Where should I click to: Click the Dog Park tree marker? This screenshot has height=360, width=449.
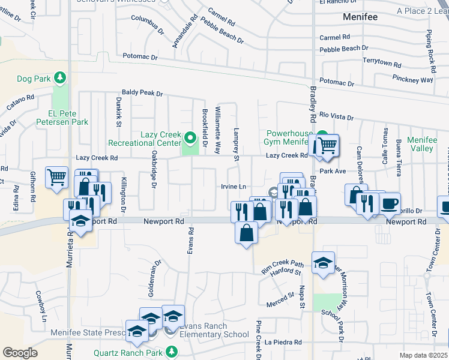pyautogui.click(x=59, y=78)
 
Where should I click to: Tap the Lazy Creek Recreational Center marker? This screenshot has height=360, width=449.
pyautogui.click(x=191, y=139)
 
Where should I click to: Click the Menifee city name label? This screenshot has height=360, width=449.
pyautogui.click(x=360, y=17)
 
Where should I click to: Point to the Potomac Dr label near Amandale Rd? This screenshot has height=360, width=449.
pyautogui.click(x=139, y=57)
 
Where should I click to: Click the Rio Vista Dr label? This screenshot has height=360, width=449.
pyautogui.click(x=336, y=116)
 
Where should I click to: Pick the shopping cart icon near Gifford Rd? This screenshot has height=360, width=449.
pyautogui.click(x=56, y=177)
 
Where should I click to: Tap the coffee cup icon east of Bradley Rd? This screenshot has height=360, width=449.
pyautogui.click(x=390, y=203)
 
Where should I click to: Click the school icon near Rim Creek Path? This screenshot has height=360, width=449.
pyautogui.click(x=323, y=262)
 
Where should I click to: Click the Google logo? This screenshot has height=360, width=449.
pyautogui.click(x=20, y=353)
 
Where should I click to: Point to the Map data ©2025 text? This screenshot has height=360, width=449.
pyautogui.click(x=423, y=355)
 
